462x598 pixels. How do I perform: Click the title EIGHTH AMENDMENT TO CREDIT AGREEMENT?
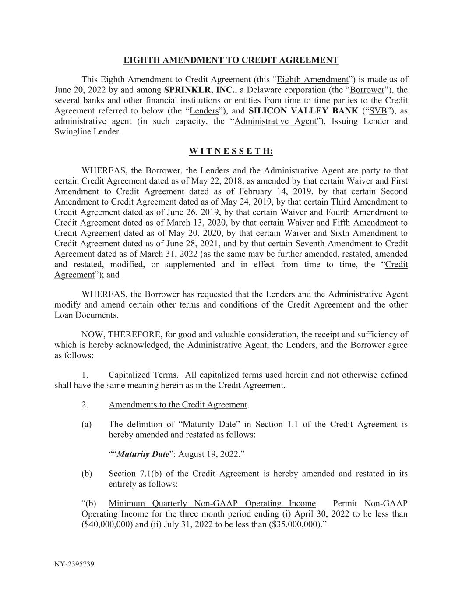tap(231, 60)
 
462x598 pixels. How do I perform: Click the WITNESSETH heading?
tap(231, 151)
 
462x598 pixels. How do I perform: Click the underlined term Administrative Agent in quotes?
tap(275, 121)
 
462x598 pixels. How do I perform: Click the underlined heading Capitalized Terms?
tap(142, 375)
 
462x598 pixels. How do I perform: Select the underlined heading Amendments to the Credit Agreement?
tap(178, 405)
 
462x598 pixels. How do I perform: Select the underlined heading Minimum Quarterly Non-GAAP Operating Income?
tap(212, 504)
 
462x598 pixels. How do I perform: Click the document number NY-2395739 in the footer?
tap(74, 564)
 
